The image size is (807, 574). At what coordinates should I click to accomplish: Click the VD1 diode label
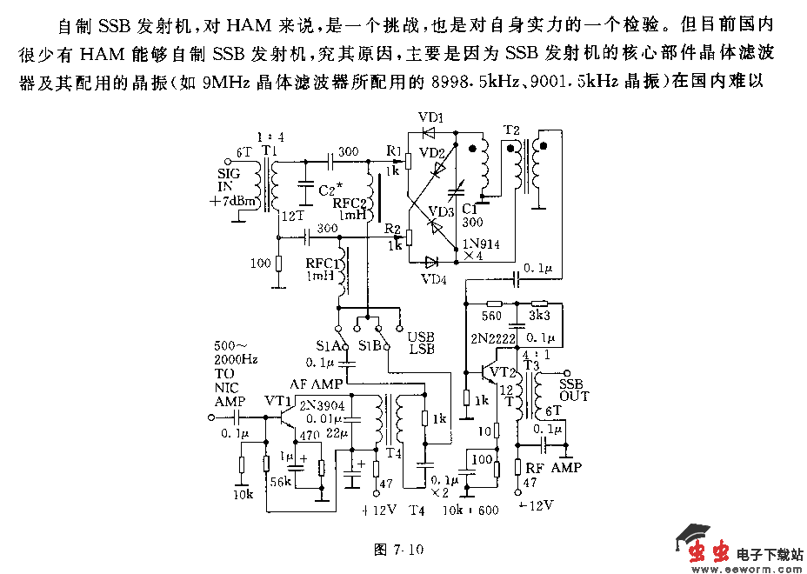point(430,117)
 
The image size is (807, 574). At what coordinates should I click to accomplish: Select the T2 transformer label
point(511,130)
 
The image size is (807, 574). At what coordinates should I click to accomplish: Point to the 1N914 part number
point(482,244)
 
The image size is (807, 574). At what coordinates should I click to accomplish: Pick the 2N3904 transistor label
point(321,405)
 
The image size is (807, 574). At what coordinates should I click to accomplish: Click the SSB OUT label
point(574,390)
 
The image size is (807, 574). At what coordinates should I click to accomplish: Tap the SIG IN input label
point(229,180)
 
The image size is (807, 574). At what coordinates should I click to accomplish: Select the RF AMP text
point(555,468)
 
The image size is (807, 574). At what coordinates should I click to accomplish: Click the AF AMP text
point(317,384)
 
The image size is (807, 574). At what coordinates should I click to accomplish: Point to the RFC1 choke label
point(323,264)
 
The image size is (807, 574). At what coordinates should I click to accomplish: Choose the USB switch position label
point(422,337)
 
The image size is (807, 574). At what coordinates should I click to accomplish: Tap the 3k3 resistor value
point(539,317)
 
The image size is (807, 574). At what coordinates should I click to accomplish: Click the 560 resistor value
point(492,317)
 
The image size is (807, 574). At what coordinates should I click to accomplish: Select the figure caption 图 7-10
point(397,549)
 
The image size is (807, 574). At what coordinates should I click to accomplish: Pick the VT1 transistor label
point(277,401)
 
